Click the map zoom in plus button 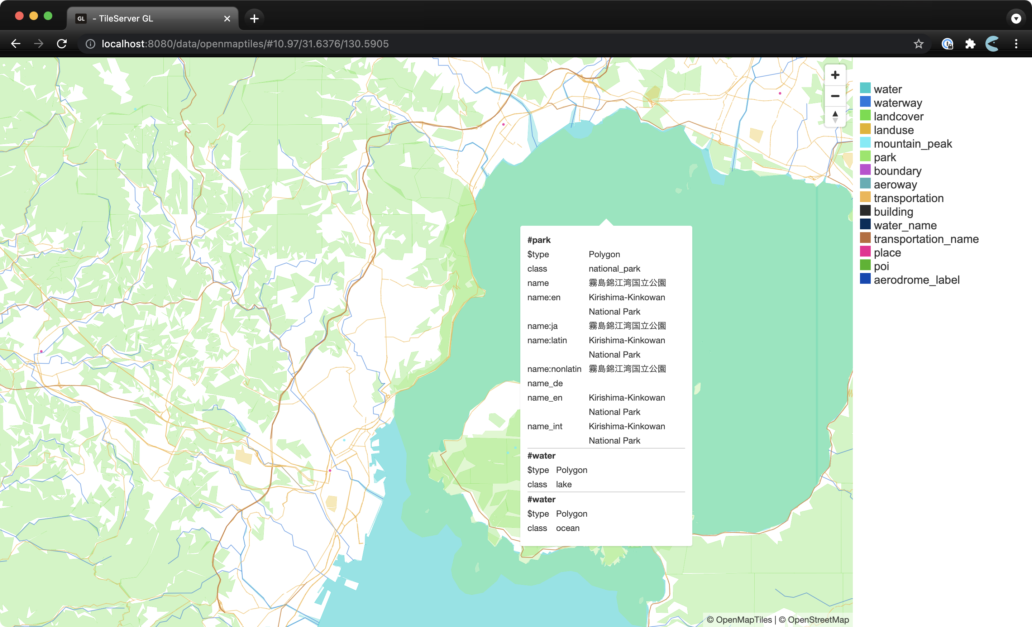[x=835, y=75]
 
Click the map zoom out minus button [x=835, y=96]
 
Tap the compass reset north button [x=835, y=116]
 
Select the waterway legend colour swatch [x=865, y=102]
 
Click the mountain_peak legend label [x=913, y=144]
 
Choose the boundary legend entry [x=897, y=171]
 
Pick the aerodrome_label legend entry [x=916, y=280]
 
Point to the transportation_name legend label [x=926, y=239]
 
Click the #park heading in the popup [x=539, y=240]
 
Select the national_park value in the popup [x=614, y=268]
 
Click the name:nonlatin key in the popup [x=554, y=369]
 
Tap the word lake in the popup [x=563, y=484]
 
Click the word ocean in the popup [x=568, y=528]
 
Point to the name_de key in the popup [x=544, y=383]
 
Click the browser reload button [x=62, y=44]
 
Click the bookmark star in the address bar [x=918, y=44]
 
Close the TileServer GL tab [x=227, y=18]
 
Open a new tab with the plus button [x=254, y=18]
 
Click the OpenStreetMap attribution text [x=818, y=619]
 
